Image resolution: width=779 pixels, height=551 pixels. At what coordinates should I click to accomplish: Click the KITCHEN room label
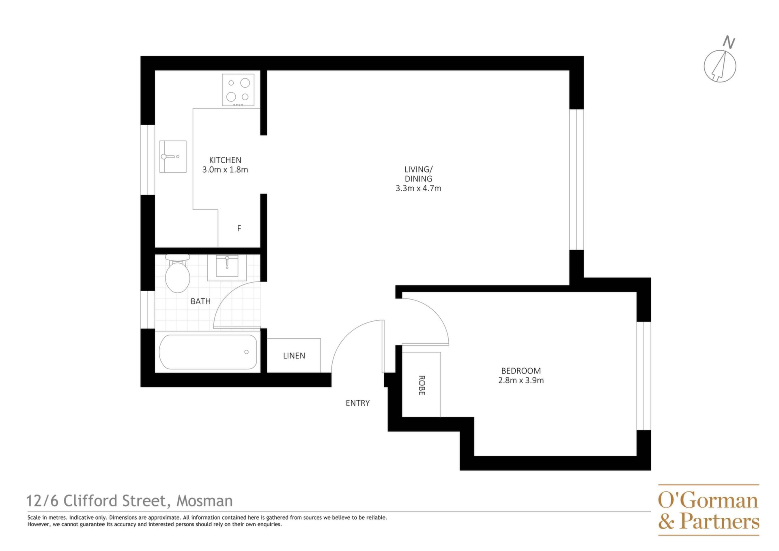pyautogui.click(x=225, y=160)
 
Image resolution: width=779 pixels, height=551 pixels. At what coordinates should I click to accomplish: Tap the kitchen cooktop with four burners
pyautogui.click(x=238, y=90)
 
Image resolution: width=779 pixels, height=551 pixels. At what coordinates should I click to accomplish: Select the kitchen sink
pyautogui.click(x=173, y=156)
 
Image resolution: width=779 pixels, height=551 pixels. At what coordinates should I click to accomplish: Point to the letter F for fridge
pyautogui.click(x=239, y=228)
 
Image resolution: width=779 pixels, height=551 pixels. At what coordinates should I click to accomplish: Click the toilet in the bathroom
pyautogui.click(x=178, y=273)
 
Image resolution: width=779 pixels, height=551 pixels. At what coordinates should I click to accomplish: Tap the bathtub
pyautogui.click(x=208, y=352)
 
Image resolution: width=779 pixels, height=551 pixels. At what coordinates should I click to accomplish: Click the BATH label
pyautogui.click(x=200, y=301)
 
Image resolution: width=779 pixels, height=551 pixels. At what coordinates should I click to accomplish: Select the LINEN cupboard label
pyautogui.click(x=294, y=356)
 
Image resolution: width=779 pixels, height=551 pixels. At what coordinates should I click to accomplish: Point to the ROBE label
pyautogui.click(x=422, y=385)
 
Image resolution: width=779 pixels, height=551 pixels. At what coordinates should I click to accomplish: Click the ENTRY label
pyautogui.click(x=357, y=403)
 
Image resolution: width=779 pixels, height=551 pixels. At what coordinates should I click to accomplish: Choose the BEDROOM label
pyautogui.click(x=521, y=371)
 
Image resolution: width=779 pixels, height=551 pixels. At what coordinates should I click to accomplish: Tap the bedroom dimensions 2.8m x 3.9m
pyautogui.click(x=521, y=380)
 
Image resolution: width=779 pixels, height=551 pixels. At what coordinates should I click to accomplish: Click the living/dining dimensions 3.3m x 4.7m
pyautogui.click(x=418, y=188)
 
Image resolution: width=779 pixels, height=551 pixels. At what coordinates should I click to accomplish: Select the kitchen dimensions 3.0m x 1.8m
pyautogui.click(x=225, y=170)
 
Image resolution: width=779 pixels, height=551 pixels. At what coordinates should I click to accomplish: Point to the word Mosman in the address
pyautogui.click(x=204, y=501)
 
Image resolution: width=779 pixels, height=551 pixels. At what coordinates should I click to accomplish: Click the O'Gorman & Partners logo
pyautogui.click(x=708, y=510)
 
